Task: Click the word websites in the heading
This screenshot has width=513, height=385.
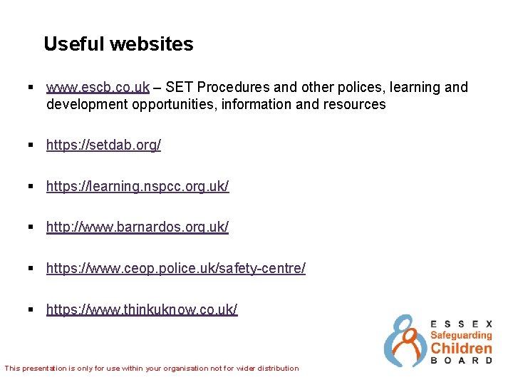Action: [152, 44]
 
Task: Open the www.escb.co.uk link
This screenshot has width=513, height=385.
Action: [98, 88]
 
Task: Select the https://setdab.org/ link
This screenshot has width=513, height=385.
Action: [103, 145]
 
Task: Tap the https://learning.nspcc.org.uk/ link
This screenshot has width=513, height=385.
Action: [138, 187]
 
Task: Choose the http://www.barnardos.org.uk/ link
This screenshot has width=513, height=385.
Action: [138, 227]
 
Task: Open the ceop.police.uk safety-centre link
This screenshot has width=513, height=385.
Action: [176, 269]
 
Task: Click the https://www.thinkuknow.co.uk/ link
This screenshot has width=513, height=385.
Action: [142, 310]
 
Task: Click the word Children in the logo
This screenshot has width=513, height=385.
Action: [461, 349]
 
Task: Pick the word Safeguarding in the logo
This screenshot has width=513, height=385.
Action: [461, 335]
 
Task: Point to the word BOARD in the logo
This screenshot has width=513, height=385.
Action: [461, 361]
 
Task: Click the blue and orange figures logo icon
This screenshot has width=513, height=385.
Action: [405, 341]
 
